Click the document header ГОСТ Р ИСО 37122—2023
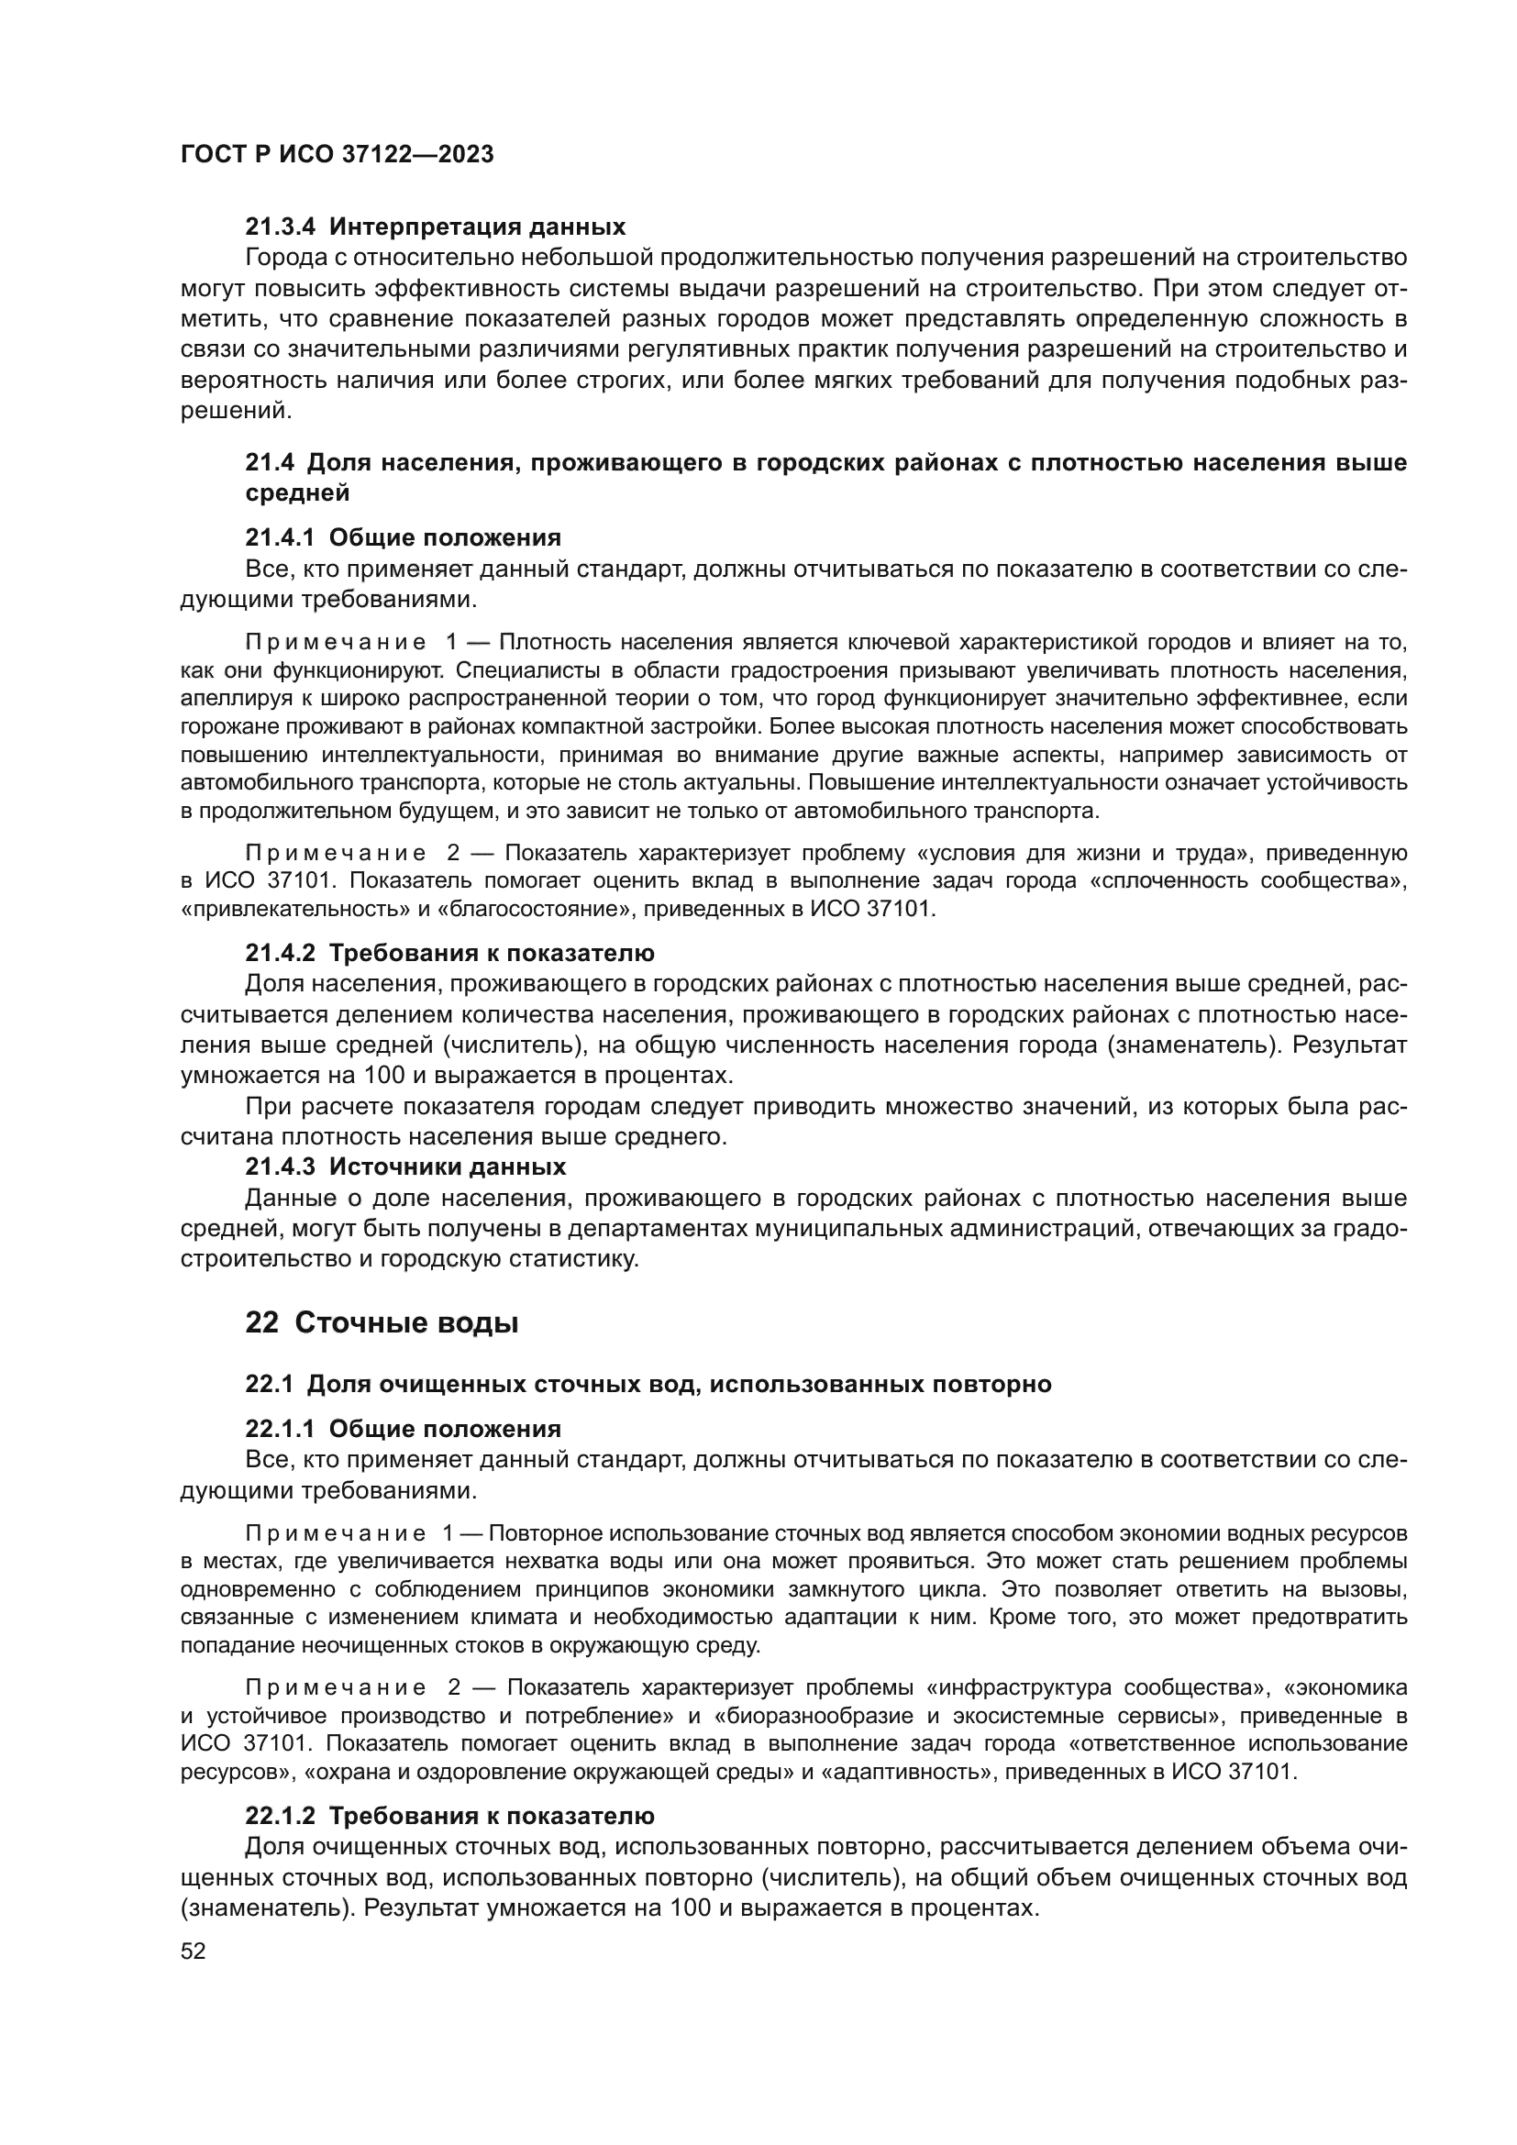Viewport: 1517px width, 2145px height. [338, 155]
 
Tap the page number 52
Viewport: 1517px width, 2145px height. [194, 1951]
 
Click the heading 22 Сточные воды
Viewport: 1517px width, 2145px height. [382, 1324]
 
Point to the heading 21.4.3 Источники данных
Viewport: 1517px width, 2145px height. [405, 1166]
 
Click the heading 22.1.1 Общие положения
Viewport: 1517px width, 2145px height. [403, 1429]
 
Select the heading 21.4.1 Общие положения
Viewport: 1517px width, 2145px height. [403, 538]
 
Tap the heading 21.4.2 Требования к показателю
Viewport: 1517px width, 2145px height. [449, 954]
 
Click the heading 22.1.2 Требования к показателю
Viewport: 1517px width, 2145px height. [449, 1816]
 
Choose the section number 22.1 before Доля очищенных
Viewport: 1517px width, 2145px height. [269, 1384]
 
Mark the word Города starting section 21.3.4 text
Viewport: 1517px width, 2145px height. [286, 258]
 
